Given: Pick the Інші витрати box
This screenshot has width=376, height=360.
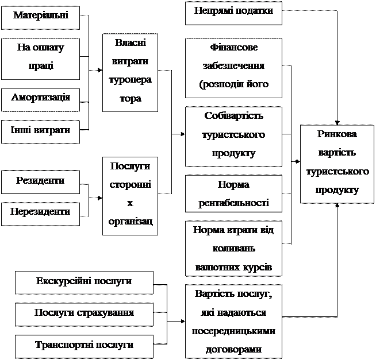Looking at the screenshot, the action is click(x=40, y=131).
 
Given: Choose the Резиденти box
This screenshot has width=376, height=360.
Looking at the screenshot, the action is click(x=40, y=181).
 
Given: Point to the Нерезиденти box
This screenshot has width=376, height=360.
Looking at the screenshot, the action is click(x=40, y=213).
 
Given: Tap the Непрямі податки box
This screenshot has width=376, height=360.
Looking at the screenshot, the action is click(x=233, y=13).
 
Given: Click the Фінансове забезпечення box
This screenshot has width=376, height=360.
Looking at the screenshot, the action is click(x=233, y=68).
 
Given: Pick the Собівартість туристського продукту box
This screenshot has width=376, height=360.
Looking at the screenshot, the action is click(x=233, y=136).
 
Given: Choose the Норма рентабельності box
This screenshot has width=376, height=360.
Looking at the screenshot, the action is click(x=233, y=193).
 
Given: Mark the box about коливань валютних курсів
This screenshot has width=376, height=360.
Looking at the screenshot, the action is click(x=233, y=249).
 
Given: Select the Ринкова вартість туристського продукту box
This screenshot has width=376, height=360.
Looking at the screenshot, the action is click(x=336, y=164).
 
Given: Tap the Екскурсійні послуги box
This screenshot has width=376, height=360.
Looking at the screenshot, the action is click(x=84, y=282).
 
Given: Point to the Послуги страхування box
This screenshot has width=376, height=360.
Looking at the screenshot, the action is click(x=84, y=314).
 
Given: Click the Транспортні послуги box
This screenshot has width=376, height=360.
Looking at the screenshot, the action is click(x=84, y=346).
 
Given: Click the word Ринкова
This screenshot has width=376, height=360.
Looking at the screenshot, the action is click(x=336, y=135).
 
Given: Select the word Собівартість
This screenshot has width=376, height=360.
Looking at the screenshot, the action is click(x=233, y=117).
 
